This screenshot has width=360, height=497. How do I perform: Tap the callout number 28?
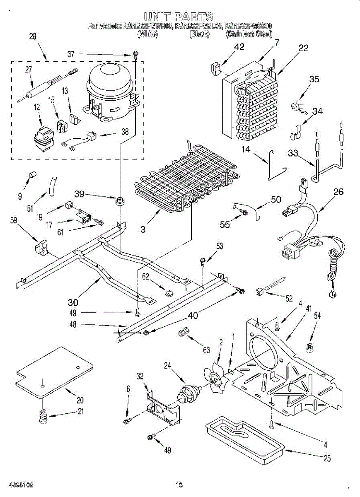click(33, 36)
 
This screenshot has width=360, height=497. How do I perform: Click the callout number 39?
click(80, 193)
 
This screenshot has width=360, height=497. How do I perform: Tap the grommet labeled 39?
click(120, 202)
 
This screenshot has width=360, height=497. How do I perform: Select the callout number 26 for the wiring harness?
click(338, 192)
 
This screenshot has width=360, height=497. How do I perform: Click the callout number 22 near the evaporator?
click(303, 48)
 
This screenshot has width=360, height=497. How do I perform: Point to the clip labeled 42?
click(216, 68)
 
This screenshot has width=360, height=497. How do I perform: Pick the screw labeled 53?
click(203, 262)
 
